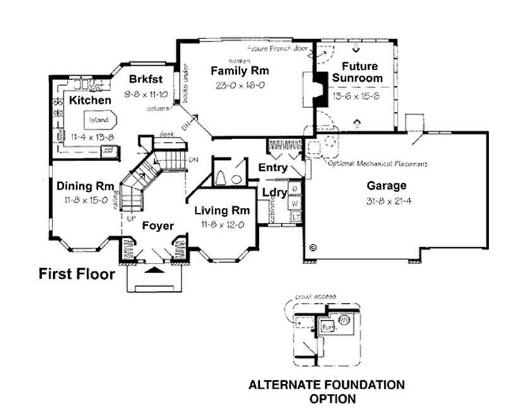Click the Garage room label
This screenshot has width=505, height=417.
point(386,186)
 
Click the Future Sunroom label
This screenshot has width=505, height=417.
point(358,72)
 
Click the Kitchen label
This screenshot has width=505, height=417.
point(90,100)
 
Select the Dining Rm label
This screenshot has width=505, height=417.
point(85,186)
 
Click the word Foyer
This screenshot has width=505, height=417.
point(158,226)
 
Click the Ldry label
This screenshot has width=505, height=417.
point(275,192)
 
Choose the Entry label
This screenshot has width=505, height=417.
point(273,168)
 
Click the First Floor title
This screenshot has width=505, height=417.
point(77,274)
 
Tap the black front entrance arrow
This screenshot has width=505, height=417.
point(153,270)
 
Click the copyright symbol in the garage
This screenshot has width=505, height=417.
point(313,249)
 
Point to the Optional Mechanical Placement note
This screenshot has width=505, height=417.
point(377,164)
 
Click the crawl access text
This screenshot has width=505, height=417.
point(316,296)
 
